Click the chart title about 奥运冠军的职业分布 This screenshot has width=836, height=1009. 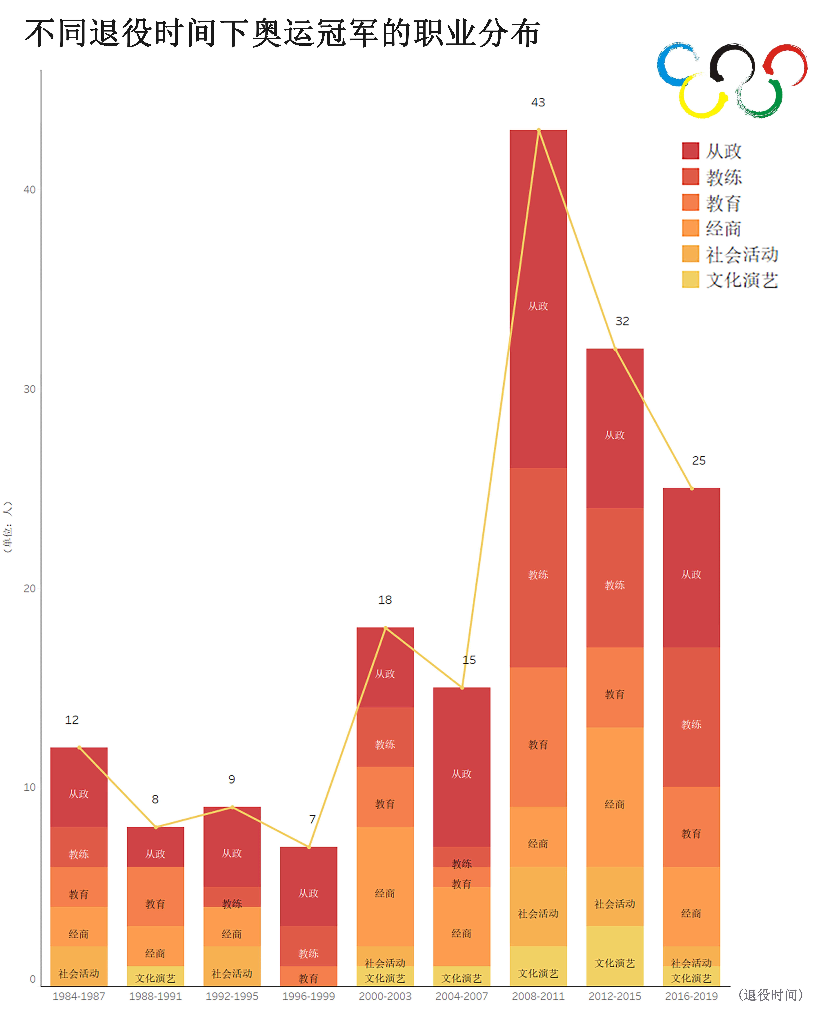[x=282, y=34]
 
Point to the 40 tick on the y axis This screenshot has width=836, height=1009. [x=30, y=190]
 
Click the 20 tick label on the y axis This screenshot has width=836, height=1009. [x=30, y=589]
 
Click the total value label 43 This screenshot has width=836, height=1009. [x=538, y=102]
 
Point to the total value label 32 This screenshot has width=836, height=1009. [x=622, y=321]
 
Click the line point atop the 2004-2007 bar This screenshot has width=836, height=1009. [x=462, y=688]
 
